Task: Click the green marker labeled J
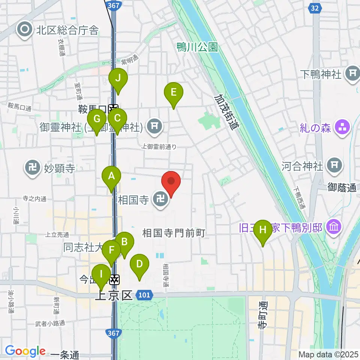(x=118, y=79)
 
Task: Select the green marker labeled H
(x=263, y=230)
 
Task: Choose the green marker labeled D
(x=139, y=264)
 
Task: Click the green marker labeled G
(x=97, y=120)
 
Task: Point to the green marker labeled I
(x=101, y=274)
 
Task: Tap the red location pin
(x=171, y=181)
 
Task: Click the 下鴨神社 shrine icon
(x=353, y=73)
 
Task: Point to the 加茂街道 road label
(x=226, y=112)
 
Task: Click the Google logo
(x=25, y=351)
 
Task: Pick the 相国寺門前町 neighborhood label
(x=173, y=233)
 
